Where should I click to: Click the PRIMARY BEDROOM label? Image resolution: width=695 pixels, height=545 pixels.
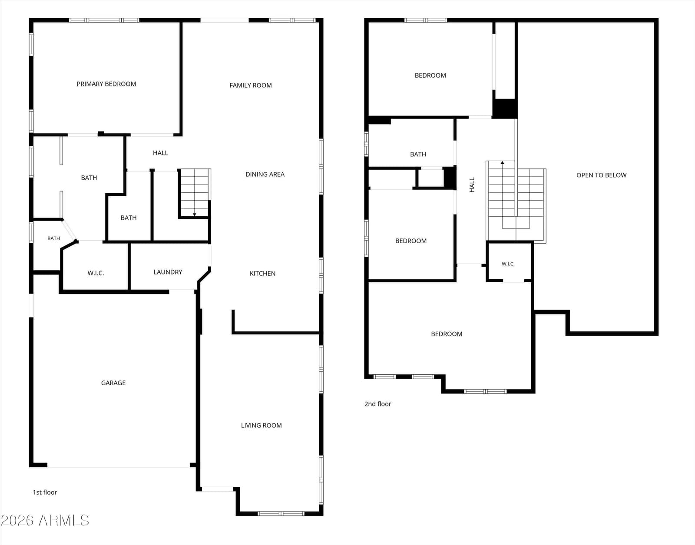pos(106,84)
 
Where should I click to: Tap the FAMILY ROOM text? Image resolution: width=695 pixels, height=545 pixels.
pos(251,86)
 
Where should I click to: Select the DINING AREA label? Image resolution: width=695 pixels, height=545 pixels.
pos(265,174)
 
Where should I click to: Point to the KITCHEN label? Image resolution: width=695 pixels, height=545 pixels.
pos(262,273)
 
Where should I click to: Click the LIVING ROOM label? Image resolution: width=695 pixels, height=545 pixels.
pos(261,425)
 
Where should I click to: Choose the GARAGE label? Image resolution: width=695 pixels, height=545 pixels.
pos(113,383)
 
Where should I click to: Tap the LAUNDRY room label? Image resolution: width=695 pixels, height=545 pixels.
pos(168,272)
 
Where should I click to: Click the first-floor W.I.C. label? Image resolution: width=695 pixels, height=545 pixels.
pos(96,273)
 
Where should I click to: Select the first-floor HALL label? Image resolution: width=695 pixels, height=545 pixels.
pos(160,153)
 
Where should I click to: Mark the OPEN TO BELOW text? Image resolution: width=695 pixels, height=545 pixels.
pos(601,175)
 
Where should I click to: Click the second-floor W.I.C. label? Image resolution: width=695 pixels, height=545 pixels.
pos(508,264)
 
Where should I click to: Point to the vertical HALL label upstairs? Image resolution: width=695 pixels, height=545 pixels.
pos(472,185)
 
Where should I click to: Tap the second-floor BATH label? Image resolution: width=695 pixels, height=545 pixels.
pos(418,155)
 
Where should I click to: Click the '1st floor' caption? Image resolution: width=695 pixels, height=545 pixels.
pos(45,492)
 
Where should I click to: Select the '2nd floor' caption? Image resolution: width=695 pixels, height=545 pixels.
pos(378,404)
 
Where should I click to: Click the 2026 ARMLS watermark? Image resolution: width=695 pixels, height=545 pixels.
pos(45,521)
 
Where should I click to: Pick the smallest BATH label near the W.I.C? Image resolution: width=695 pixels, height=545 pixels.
pos(53,238)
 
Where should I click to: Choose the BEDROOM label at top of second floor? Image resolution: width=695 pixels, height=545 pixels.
pos(430,76)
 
